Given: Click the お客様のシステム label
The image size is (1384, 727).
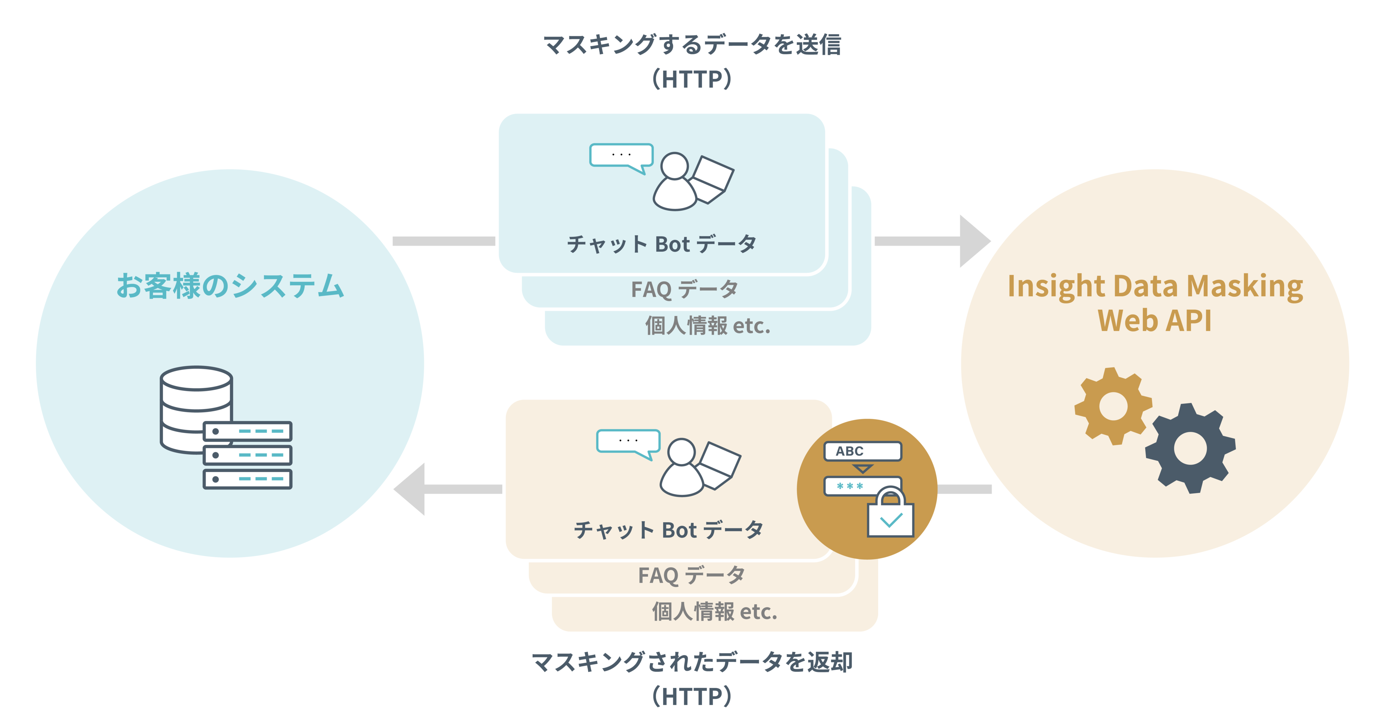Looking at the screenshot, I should click(230, 285).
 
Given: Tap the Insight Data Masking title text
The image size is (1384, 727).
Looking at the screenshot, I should click(1155, 286).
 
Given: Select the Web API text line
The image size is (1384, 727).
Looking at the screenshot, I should click(1155, 321).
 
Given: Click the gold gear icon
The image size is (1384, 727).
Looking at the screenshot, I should click(1113, 406).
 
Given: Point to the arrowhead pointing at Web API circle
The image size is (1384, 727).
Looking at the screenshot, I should click(973, 241).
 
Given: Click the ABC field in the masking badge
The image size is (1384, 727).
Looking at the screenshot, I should click(862, 451).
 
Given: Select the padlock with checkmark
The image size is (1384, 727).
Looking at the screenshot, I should click(890, 514).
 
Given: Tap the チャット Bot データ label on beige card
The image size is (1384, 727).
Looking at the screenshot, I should click(669, 530).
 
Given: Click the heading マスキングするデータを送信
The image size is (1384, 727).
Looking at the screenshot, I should click(692, 45).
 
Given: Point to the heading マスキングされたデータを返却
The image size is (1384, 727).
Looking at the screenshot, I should click(692, 662).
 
